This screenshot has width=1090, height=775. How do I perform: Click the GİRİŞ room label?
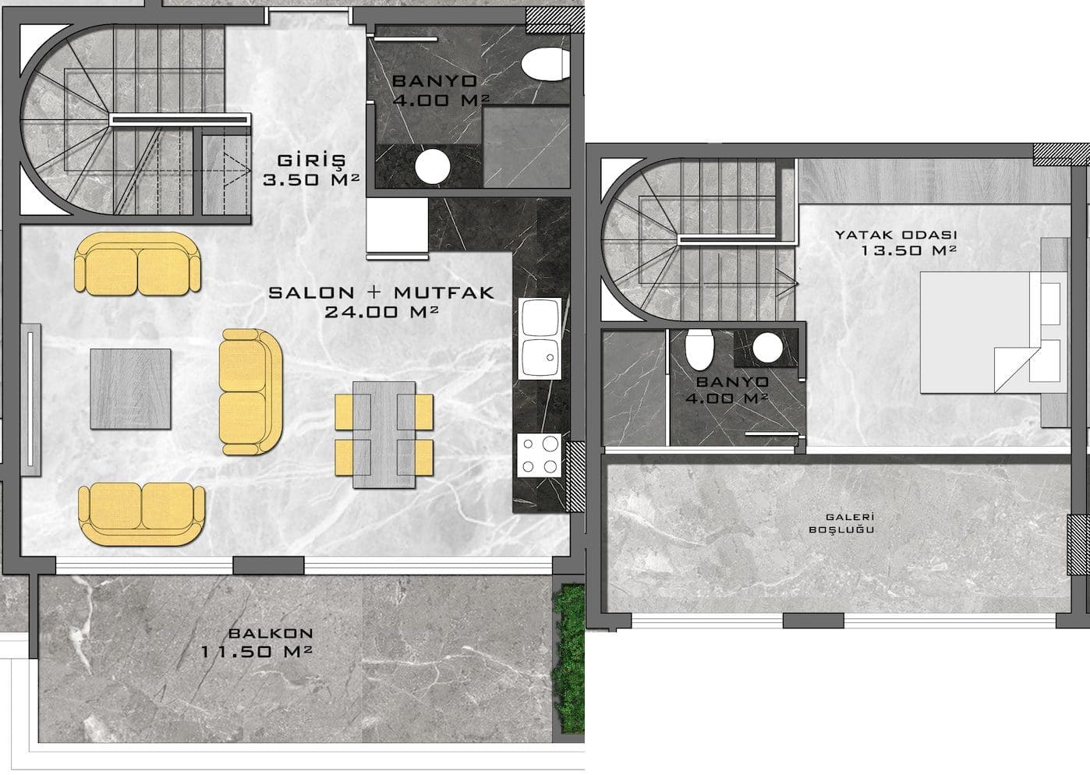[311, 161]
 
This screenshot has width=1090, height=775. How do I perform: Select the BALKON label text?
[271, 633]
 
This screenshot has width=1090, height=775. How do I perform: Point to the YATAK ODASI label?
[896, 235]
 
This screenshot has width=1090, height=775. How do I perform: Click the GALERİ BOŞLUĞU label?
[841, 523]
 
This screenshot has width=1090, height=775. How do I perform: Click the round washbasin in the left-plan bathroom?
[433, 166]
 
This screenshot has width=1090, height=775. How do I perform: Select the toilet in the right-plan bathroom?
[699, 349]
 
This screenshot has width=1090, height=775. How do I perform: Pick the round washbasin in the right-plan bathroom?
[767, 348]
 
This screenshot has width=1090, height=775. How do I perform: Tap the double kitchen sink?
[540, 338]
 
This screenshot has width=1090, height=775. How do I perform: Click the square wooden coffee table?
[130, 389]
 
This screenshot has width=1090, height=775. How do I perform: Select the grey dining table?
[384, 434]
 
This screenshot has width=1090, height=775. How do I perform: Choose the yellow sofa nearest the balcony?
[142, 514]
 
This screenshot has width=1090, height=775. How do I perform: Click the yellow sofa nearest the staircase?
[138, 264]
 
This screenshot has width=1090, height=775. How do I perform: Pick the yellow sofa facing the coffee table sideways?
[250, 391]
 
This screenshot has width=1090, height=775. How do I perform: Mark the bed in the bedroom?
[990, 332]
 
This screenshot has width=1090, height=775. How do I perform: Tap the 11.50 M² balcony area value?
[257, 651]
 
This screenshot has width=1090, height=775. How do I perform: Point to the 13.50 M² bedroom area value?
[909, 250]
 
